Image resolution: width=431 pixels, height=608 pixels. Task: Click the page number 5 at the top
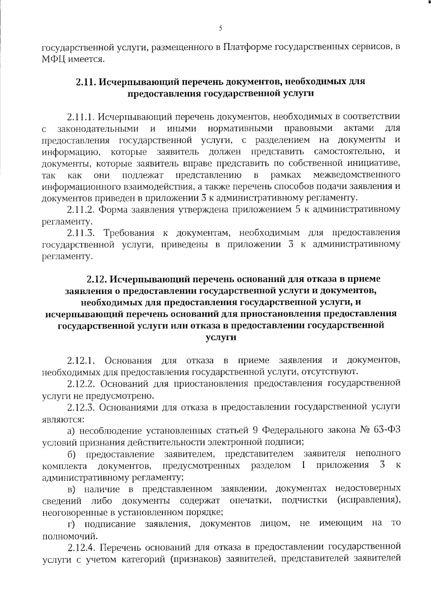(x=220, y=28)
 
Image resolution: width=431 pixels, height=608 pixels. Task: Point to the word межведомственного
(x=357, y=175)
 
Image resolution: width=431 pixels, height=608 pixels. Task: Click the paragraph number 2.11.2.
(x=81, y=209)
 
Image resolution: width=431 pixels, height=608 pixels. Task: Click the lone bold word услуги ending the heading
(x=221, y=337)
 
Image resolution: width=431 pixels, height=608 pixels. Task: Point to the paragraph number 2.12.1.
(x=81, y=360)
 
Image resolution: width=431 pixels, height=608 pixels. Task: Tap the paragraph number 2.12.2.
(x=81, y=383)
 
